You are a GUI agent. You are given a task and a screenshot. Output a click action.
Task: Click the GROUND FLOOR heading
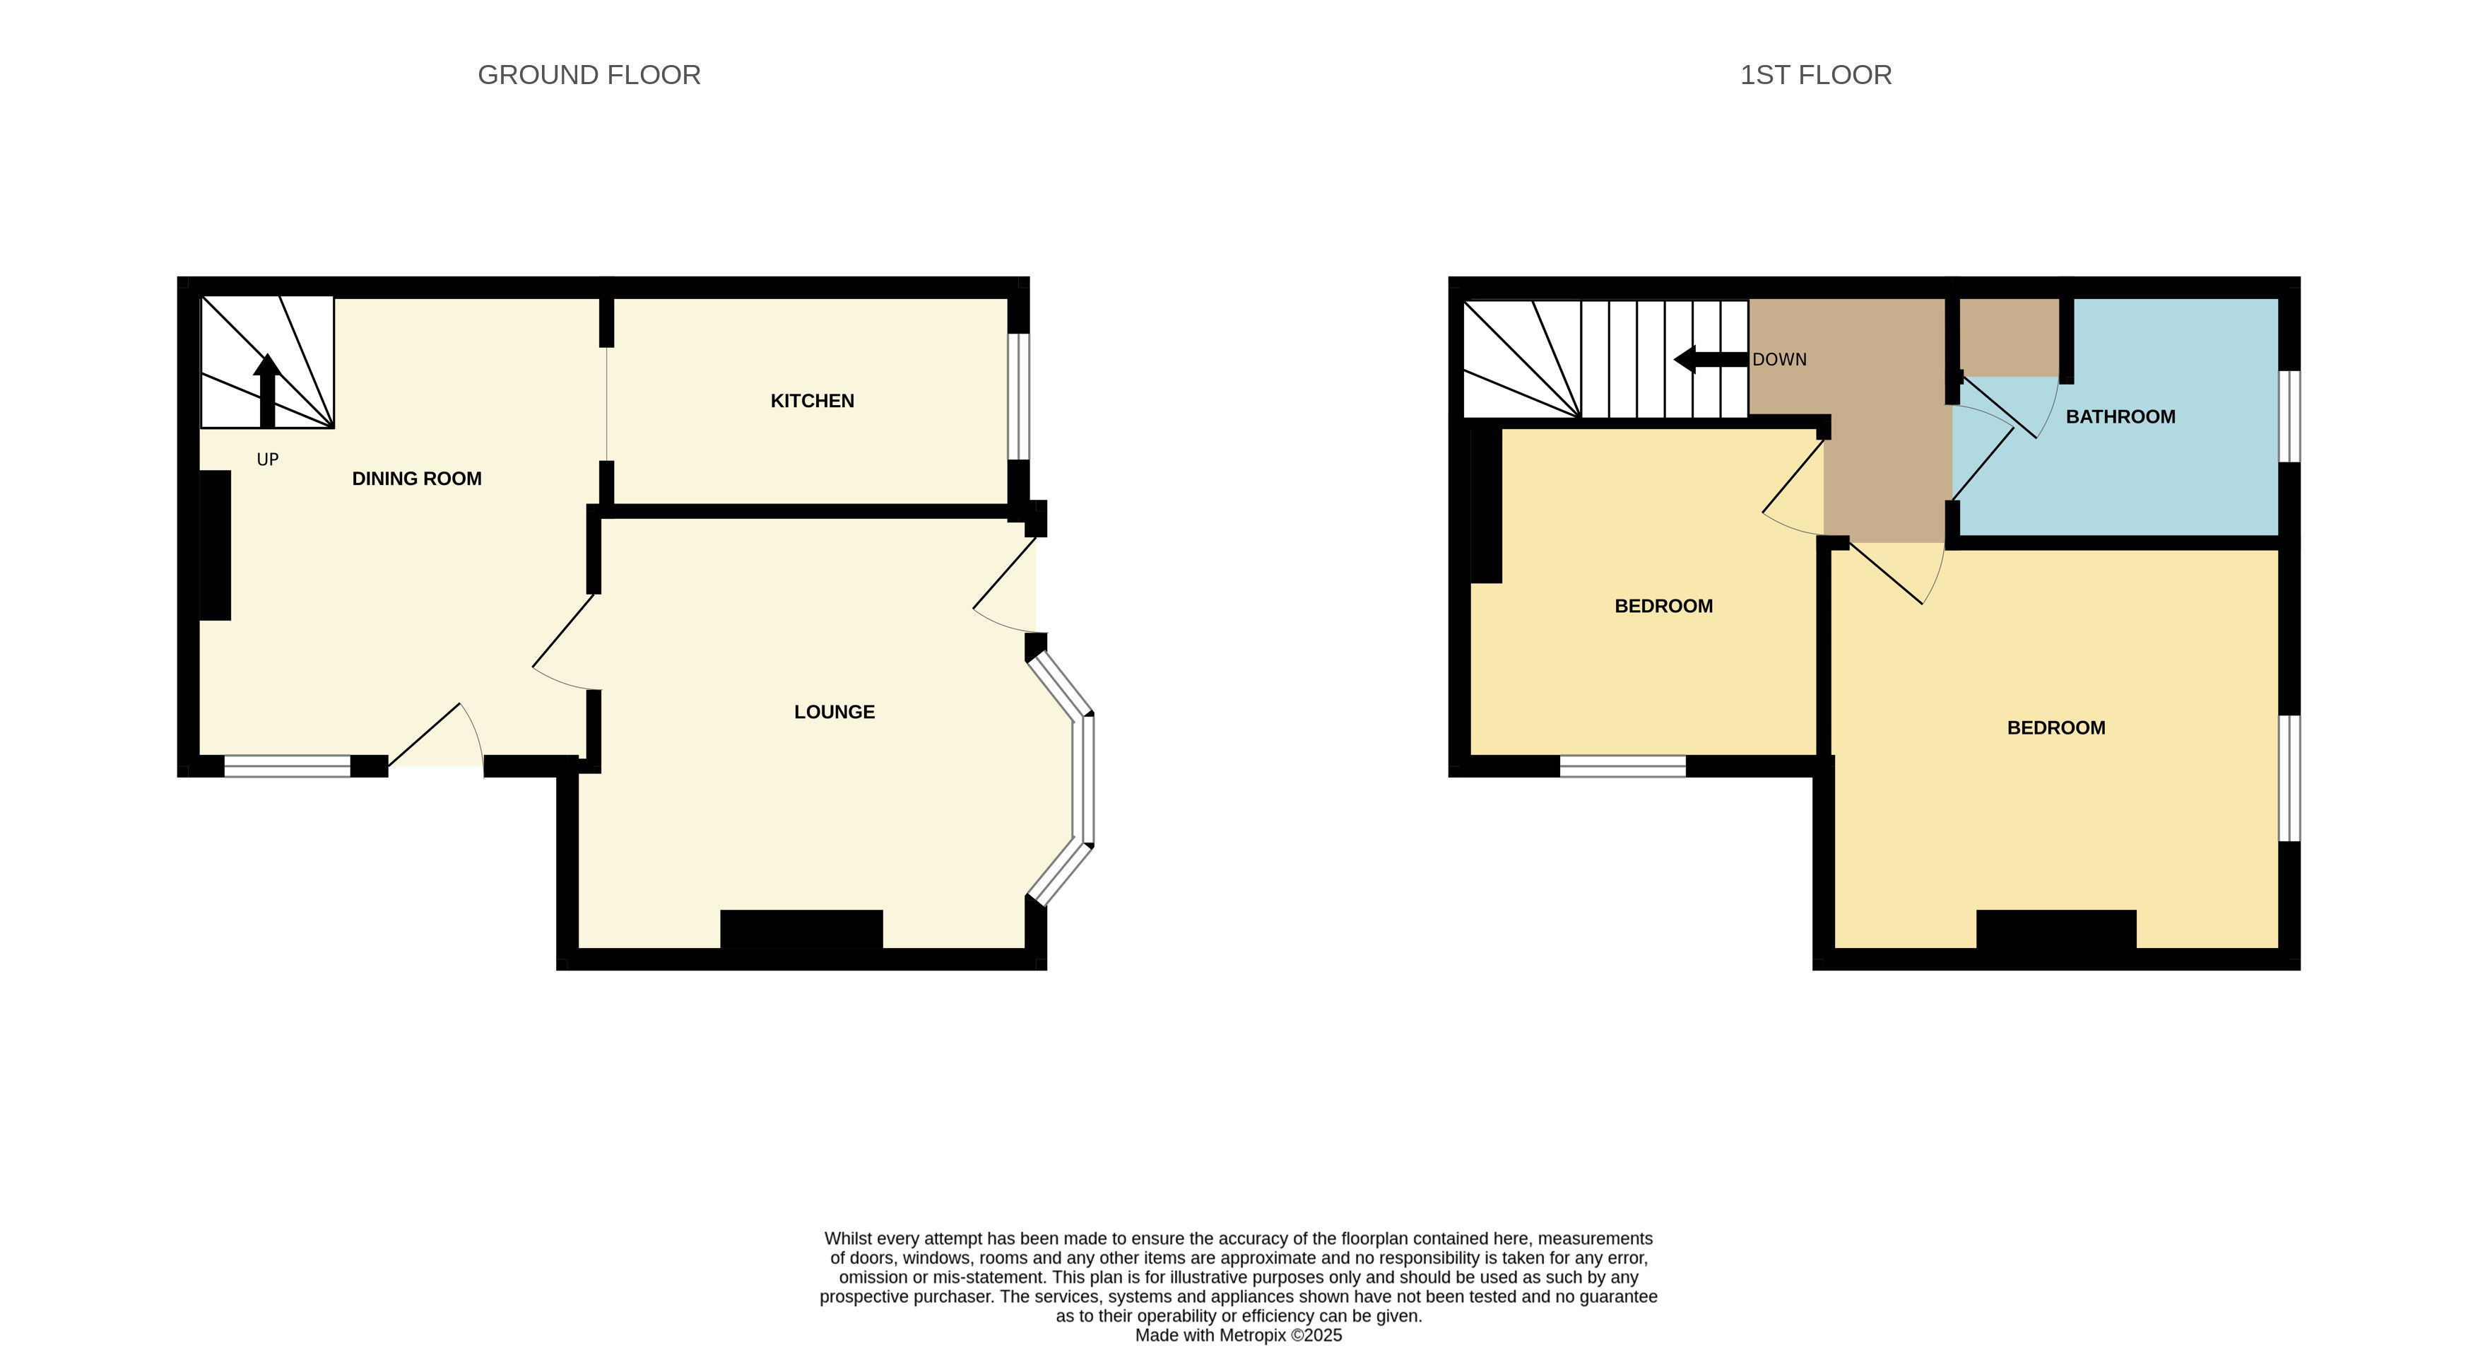(589, 75)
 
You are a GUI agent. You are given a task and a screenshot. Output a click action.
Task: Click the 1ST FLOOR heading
(1815, 75)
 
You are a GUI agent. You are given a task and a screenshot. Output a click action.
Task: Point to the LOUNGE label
(834, 712)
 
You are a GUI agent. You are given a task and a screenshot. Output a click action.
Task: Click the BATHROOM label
(2120, 416)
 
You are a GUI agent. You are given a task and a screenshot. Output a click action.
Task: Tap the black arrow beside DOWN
(1711, 360)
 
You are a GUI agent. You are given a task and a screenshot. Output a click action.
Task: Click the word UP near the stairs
(267, 460)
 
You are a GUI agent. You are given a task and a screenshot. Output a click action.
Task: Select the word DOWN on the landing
(1780, 360)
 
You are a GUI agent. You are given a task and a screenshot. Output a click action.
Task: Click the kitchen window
(1019, 397)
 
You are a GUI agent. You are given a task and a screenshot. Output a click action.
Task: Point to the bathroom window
(2289, 416)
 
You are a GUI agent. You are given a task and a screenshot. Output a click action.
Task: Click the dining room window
(288, 766)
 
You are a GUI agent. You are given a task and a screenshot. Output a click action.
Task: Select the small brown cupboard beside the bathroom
(2010, 336)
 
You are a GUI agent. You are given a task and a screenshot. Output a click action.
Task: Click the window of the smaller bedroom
(1623, 766)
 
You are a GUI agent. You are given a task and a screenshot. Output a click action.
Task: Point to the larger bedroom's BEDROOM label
(2055, 728)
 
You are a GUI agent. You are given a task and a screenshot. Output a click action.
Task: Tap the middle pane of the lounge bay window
(1084, 780)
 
